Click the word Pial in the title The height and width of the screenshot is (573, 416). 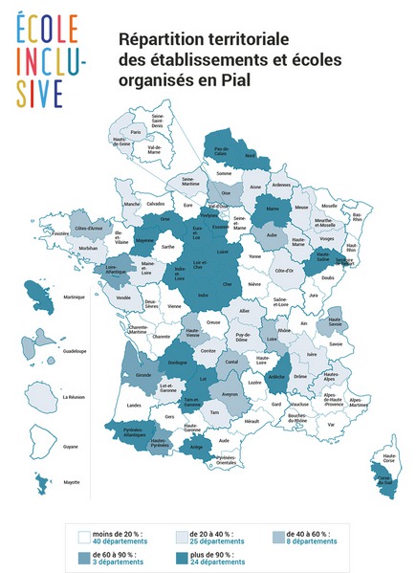click(235, 81)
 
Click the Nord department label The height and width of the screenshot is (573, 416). click(251, 154)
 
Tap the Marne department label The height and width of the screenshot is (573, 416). click(271, 208)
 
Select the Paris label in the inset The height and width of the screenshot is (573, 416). click(136, 132)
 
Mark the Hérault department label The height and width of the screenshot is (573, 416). click(252, 421)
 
